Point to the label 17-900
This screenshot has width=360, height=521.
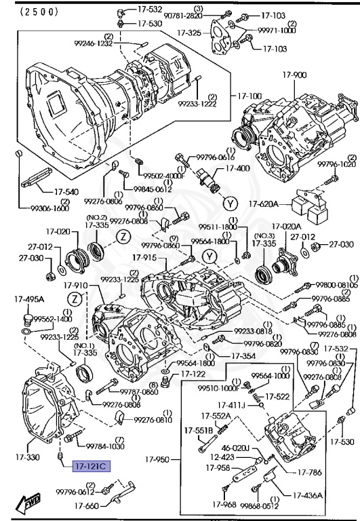pyautogui.click(x=300, y=75)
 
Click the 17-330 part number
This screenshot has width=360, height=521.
pyautogui.click(x=25, y=458)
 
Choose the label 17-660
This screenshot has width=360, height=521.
pyautogui.click(x=87, y=506)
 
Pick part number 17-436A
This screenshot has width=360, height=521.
pyautogui.click(x=308, y=495)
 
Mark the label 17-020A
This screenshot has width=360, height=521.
pyautogui.click(x=287, y=226)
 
